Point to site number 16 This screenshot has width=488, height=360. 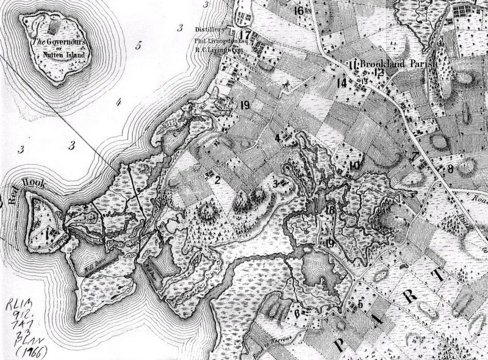(x=298, y=10)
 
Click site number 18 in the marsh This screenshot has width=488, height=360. (x=331, y=211)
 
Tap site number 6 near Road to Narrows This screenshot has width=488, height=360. (x=296, y=313)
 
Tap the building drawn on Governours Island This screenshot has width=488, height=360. (x=55, y=27)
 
